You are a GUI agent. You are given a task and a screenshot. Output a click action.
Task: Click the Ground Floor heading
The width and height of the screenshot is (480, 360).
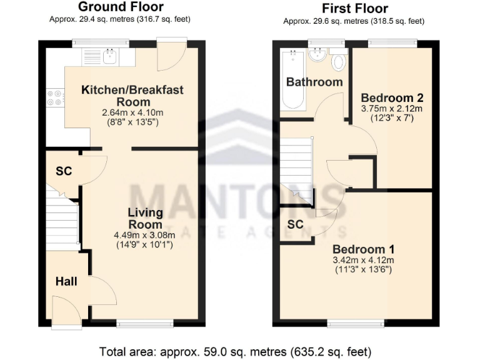120,7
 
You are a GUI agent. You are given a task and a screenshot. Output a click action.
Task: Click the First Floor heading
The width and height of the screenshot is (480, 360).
354,9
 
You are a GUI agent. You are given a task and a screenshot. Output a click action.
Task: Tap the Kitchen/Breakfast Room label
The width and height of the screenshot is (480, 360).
132,96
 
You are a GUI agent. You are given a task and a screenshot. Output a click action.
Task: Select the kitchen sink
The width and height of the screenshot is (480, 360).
110,57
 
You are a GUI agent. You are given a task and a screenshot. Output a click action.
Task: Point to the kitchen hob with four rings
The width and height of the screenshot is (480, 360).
54,98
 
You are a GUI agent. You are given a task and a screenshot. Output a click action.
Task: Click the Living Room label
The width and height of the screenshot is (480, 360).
145,218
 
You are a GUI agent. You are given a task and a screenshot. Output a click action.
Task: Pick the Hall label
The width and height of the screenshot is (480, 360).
66,282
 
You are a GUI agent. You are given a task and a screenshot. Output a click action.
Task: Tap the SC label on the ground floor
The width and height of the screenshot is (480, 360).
62,171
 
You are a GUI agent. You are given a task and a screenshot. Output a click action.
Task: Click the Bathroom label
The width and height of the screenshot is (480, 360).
314,82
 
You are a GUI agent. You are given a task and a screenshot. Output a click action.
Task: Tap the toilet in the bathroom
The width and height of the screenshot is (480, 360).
339,61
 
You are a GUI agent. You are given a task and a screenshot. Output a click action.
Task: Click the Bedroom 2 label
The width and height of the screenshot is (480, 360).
392,98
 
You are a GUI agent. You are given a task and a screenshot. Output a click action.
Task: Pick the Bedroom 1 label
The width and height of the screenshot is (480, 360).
362,247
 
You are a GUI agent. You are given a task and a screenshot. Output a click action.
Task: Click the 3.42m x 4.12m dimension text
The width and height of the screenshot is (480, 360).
362,260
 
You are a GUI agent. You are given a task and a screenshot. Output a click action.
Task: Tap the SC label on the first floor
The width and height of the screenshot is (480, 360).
296,224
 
